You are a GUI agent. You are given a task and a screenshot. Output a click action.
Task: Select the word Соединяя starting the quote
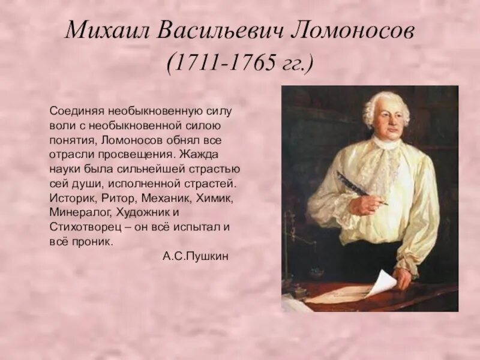[x=77, y=112]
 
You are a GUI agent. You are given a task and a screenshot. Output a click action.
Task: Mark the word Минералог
[x=77, y=213]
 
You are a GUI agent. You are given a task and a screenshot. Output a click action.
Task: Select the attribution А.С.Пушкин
[x=196, y=256]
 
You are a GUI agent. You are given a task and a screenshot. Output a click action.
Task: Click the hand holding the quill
[x=366, y=204]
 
